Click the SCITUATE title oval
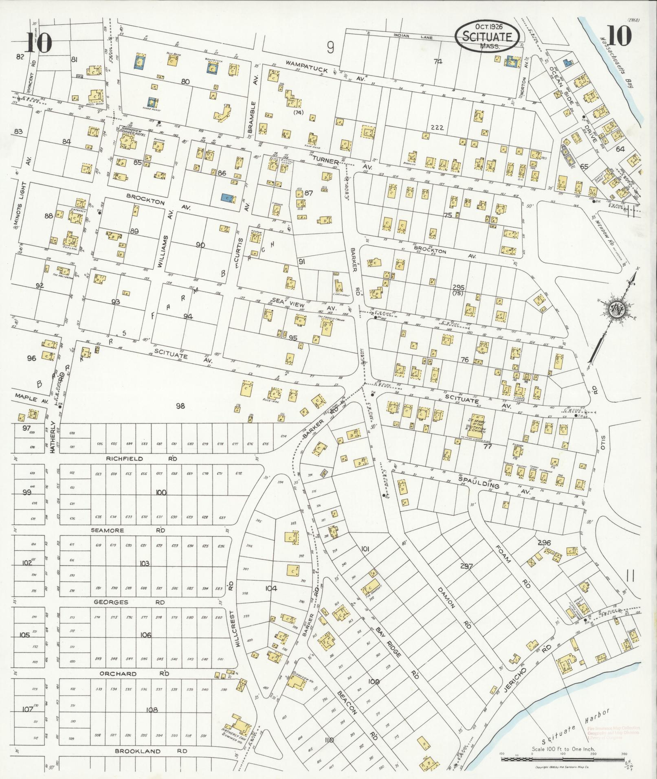pyautogui.click(x=487, y=36)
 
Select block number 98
pyautogui.click(x=180, y=406)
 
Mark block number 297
pyautogui.click(x=466, y=566)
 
